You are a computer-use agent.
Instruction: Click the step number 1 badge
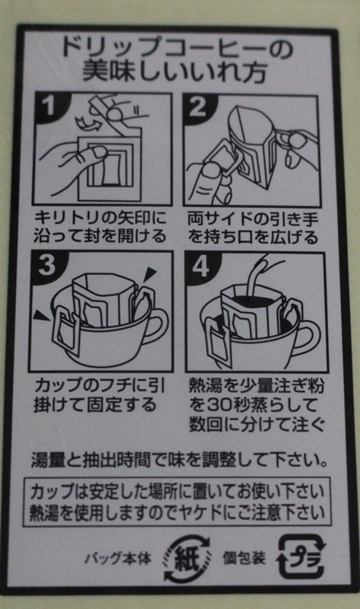pyautogui.click(x=48, y=106)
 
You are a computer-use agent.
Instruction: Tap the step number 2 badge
pyautogui.click(x=197, y=107)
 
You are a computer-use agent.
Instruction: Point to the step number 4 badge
pyautogui.click(x=201, y=267)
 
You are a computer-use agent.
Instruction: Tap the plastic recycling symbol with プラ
pyautogui.click(x=300, y=556)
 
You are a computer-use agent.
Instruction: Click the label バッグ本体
pyautogui.click(x=118, y=559)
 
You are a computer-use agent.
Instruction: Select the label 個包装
pyautogui.click(x=244, y=559)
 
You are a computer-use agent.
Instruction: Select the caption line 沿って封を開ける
pyautogui.click(x=100, y=237)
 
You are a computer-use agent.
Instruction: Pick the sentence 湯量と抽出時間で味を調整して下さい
pyautogui.click(x=179, y=461)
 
